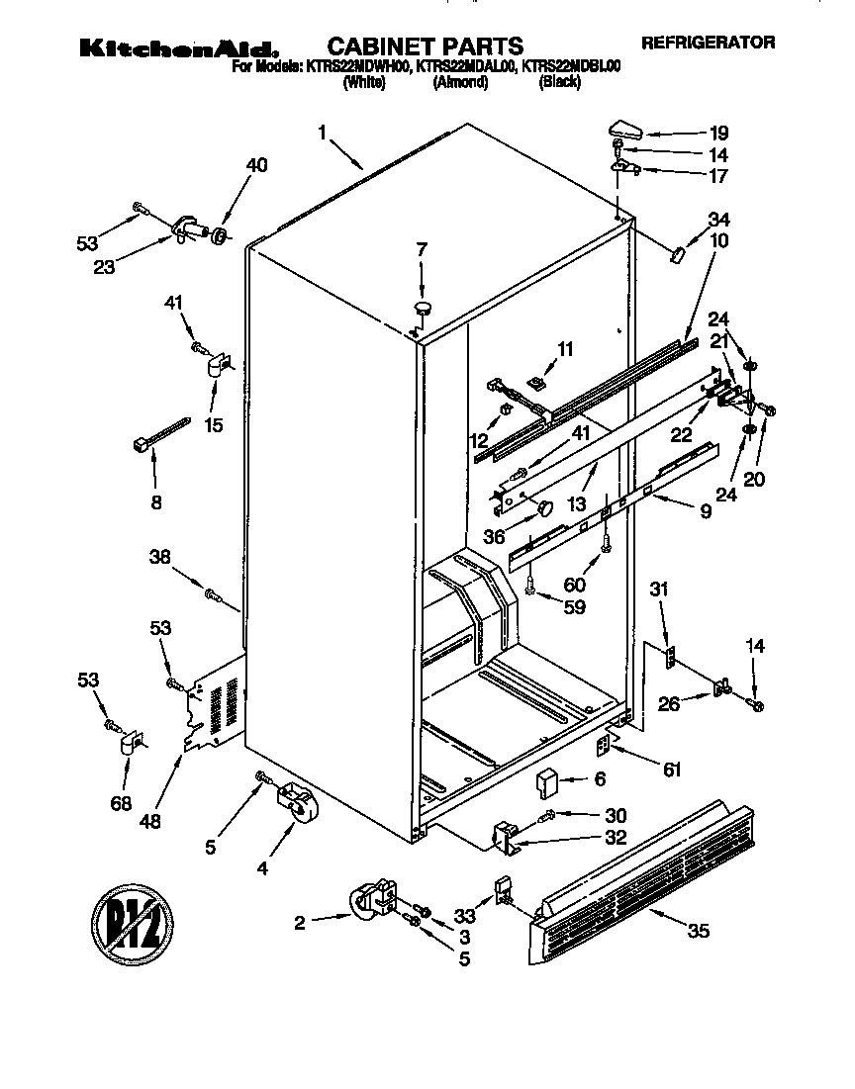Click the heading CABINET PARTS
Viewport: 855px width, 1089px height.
425,45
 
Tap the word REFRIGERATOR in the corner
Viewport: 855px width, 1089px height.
708,43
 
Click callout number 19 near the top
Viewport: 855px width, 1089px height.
717,133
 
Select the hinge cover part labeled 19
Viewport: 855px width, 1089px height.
623,128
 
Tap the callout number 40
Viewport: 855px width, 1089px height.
255,165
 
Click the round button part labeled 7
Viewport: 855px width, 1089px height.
424,309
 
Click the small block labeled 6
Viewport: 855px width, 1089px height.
547,783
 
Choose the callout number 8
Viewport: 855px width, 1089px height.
155,501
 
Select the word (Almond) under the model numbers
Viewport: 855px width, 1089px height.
460,83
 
